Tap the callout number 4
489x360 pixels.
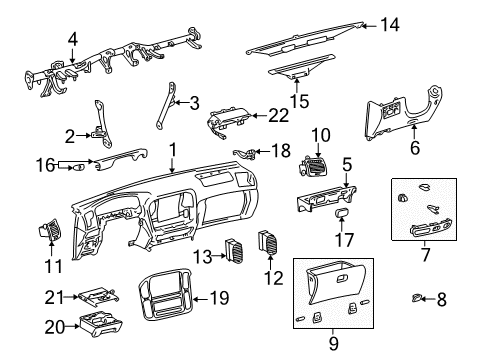(x=72, y=39)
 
